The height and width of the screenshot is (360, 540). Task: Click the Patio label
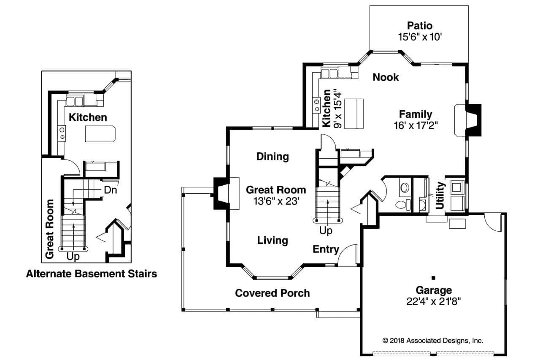click(419, 25)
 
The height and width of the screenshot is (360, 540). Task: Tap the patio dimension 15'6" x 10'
click(419, 37)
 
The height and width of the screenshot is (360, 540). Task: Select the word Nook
click(386, 77)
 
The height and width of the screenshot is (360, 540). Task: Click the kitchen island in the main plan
click(354, 114)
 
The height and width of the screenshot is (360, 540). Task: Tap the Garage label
click(434, 290)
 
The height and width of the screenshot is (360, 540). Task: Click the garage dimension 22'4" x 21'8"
click(434, 301)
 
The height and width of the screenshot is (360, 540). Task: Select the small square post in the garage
click(433, 278)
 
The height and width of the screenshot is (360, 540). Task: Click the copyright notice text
click(432, 341)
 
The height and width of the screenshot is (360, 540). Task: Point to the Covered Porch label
click(273, 293)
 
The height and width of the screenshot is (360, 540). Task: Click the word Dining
click(273, 157)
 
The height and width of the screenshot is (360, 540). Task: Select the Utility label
click(440, 195)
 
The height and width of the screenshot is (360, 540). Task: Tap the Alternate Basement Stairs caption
click(92, 274)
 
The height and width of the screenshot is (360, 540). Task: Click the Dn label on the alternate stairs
click(110, 190)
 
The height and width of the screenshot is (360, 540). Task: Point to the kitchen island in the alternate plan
click(100, 134)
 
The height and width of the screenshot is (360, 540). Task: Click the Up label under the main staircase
click(326, 231)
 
